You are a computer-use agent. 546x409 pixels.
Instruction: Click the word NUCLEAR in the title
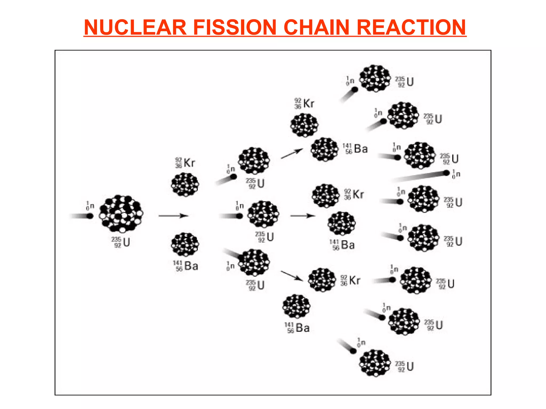click(135, 27)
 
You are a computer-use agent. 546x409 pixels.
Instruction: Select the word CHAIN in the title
click(316, 27)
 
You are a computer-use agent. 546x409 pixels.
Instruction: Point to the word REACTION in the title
click(411, 27)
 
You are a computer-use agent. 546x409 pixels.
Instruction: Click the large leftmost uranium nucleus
click(121, 214)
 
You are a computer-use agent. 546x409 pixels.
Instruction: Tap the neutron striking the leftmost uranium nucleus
click(90, 216)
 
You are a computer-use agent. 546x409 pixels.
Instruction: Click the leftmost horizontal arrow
click(173, 216)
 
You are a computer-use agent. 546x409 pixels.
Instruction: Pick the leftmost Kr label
click(185, 163)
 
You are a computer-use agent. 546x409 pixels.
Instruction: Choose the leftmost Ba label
click(186, 266)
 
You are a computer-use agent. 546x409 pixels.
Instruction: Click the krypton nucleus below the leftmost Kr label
click(185, 184)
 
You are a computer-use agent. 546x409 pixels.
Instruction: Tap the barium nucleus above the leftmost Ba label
click(185, 244)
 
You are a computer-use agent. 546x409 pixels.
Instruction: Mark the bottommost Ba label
click(297, 328)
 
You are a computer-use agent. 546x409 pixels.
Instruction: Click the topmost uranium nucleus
click(375, 78)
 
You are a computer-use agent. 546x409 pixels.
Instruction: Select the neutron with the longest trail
click(446, 173)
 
